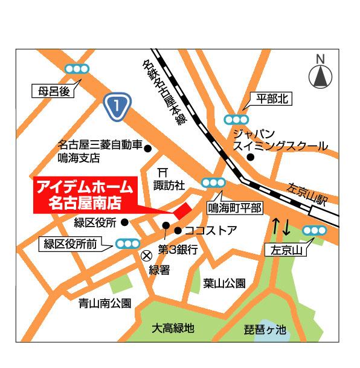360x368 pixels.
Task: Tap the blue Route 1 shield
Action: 117,106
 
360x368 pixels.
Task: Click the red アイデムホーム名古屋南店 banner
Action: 85,194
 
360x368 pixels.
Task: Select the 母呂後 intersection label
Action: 51,92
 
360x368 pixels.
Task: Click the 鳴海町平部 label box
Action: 235,208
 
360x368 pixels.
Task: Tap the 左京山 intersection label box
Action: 286,249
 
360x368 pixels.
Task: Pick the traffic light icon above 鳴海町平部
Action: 214,182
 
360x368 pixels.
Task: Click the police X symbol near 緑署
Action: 145,256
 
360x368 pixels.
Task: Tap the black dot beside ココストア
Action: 178,230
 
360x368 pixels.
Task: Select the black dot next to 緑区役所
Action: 124,222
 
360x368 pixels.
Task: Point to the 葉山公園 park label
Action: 224,283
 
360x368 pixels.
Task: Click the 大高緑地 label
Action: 173,329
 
